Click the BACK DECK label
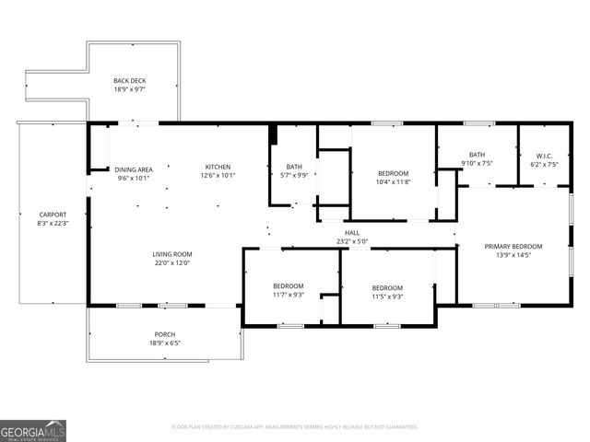[x=129, y=81]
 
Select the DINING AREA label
[x=133, y=169]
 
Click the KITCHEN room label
[x=217, y=169]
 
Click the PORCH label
[x=164, y=334]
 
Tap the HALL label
[x=352, y=233]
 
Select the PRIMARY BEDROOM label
[x=513, y=246]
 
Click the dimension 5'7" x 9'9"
[x=294, y=175]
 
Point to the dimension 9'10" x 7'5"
[x=477, y=163]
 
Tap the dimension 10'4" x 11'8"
[x=393, y=182]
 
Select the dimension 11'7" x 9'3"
[x=287, y=295]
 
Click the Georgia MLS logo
[x=33, y=430]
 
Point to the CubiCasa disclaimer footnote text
[x=295, y=427]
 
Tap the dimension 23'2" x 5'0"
[x=352, y=242]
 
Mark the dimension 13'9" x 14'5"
[x=513, y=255]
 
